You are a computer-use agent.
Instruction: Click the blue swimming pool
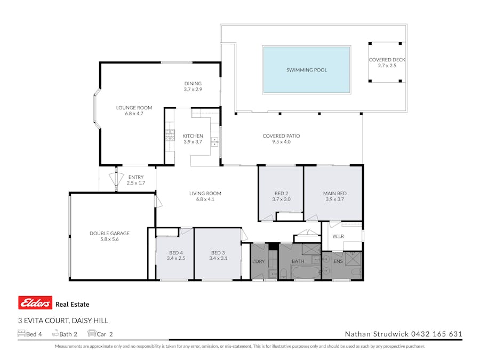pos(306,70)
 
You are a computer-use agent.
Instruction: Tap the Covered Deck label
pos(387,60)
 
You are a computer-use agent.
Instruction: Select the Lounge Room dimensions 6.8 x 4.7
pos(134,114)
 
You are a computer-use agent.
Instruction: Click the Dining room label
pos(193,84)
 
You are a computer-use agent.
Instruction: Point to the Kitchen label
pos(193,135)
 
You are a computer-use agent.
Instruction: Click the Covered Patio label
pos(281,136)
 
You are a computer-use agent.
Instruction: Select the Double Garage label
pos(109,233)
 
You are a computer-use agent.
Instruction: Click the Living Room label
pos(205,194)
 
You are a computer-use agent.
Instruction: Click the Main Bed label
pos(334,193)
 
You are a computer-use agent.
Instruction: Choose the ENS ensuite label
pos(338,262)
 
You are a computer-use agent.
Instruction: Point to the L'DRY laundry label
pos(258,262)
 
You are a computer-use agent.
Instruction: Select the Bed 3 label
pos(217,253)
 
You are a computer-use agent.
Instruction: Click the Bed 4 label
pos(175,253)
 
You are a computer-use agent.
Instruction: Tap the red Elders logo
pos(35,303)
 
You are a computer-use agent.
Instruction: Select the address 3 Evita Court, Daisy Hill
pos(63,321)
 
